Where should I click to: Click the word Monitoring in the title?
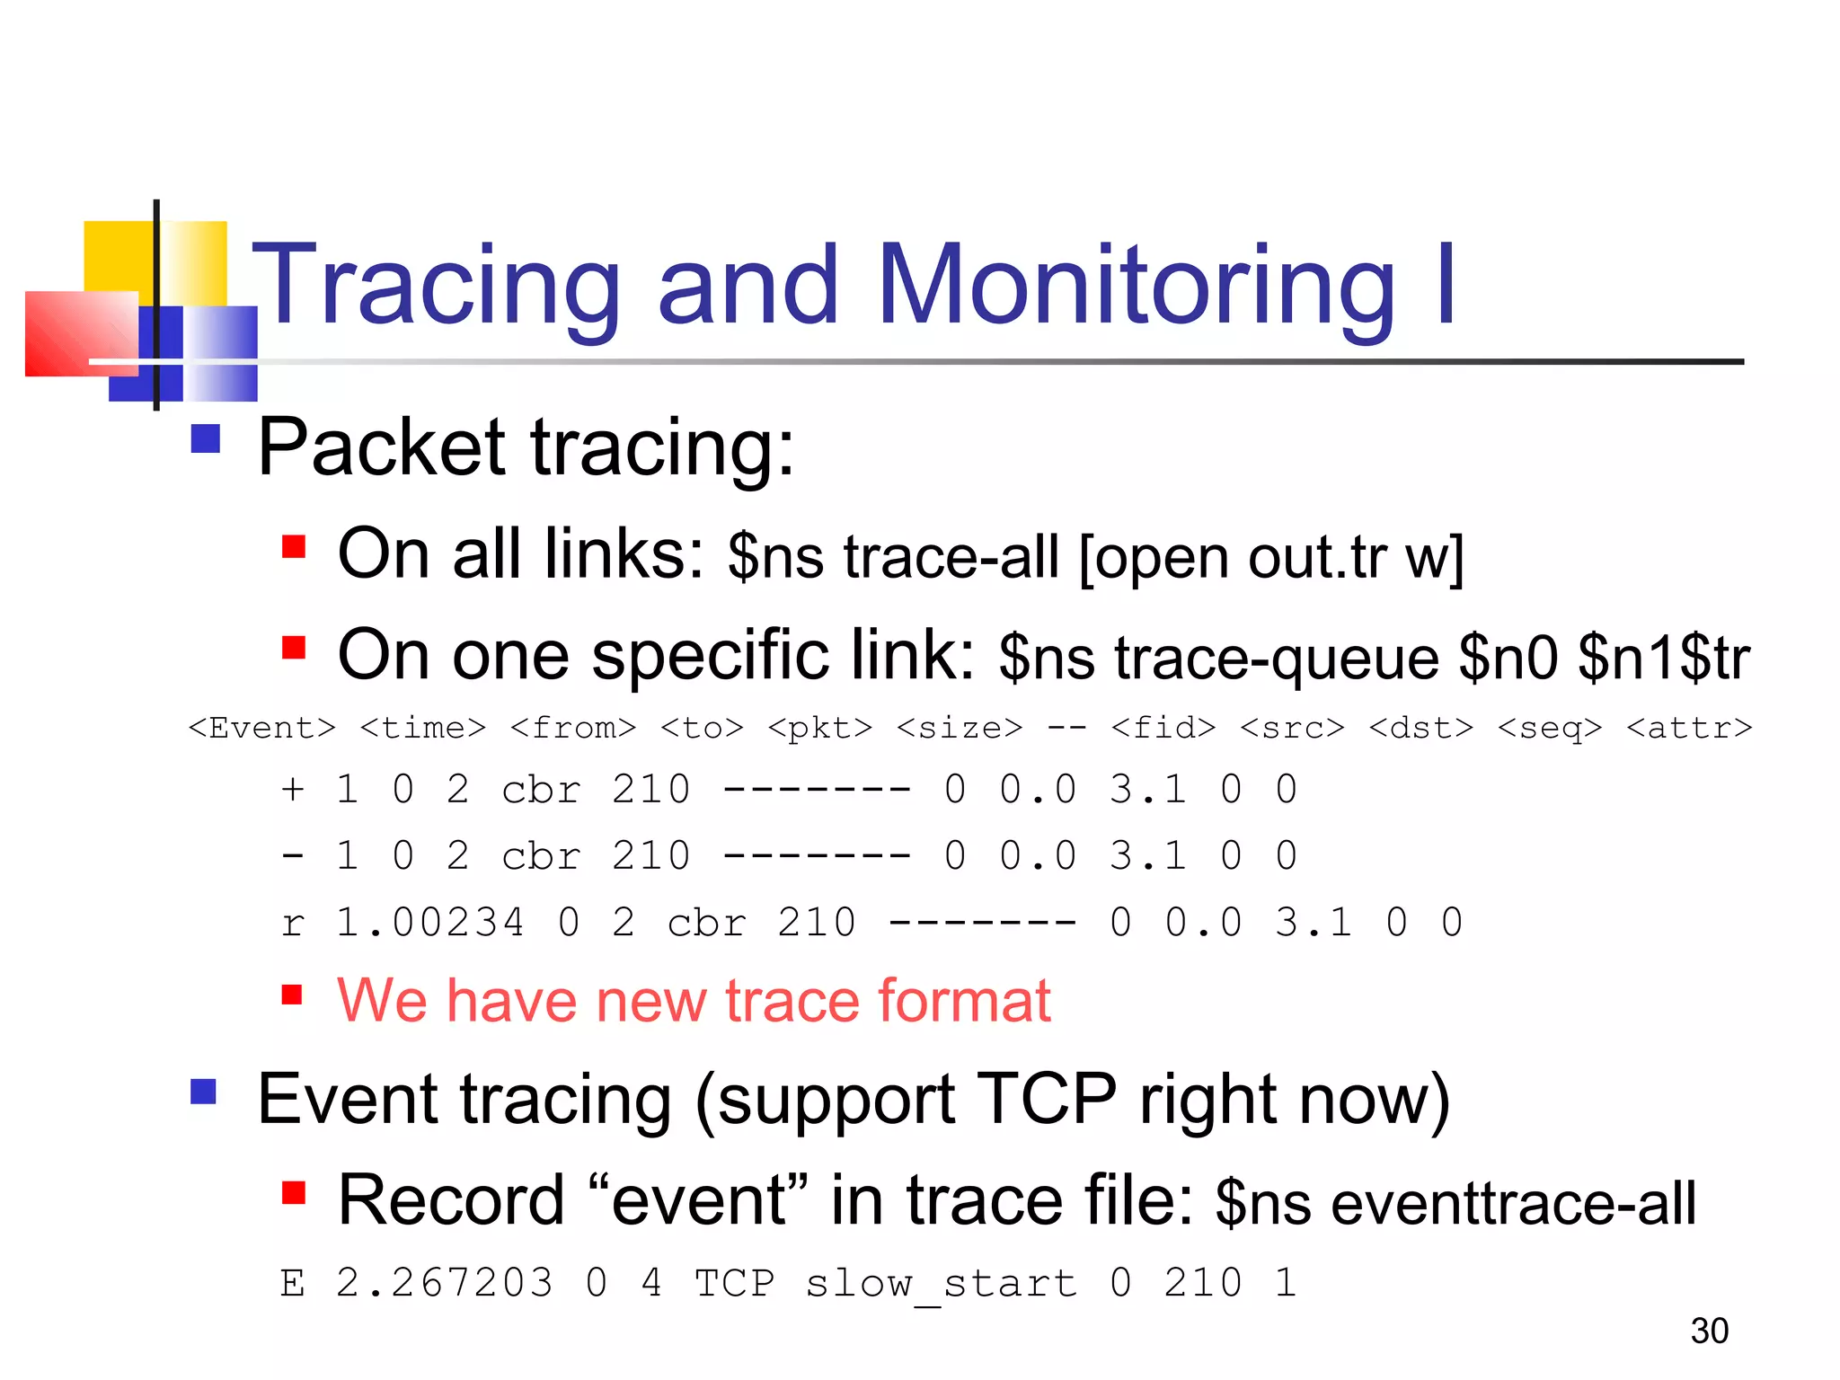(1136, 286)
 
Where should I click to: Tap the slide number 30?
(1709, 1331)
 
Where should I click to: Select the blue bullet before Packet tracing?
(206, 439)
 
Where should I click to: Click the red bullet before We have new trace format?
(293, 994)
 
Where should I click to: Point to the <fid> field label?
(1163, 728)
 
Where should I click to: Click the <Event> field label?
(261, 728)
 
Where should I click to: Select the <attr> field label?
(1688, 728)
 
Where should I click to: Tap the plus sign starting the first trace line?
(292, 790)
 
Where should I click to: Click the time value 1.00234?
(429, 923)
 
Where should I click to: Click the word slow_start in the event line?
(941, 1283)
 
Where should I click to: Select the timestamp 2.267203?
(444, 1283)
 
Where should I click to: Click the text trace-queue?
(1277, 659)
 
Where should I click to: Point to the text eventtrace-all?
(1513, 1204)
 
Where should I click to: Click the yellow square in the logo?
(118, 255)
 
